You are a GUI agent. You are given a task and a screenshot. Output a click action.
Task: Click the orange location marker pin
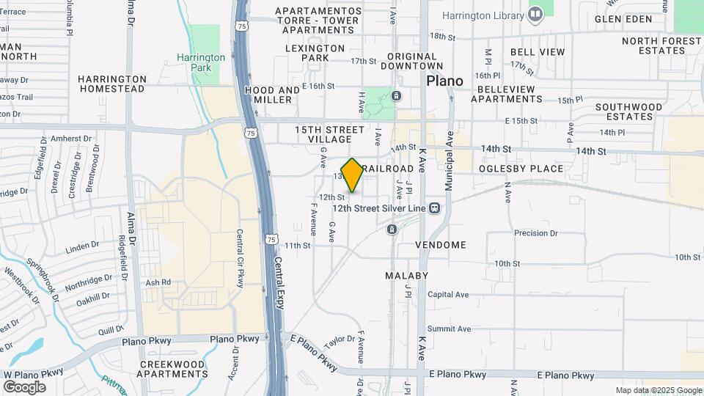353,175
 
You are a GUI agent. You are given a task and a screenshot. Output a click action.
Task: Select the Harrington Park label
201,62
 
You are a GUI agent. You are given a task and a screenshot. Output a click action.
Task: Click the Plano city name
445,81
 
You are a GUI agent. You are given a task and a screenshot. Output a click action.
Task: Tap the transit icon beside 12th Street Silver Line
435,208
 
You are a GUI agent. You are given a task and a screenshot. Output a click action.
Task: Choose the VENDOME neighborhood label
441,244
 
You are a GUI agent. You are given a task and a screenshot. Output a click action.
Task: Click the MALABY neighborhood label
406,276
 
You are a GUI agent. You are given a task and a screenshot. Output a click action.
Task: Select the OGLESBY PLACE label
521,169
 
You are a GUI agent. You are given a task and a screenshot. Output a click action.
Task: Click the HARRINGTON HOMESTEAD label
112,84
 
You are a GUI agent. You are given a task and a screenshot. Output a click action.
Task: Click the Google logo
24,386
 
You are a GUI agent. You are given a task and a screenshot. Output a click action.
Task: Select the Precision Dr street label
541,233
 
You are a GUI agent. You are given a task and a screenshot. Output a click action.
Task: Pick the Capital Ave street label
447,295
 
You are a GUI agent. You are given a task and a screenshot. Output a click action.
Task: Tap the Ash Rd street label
158,282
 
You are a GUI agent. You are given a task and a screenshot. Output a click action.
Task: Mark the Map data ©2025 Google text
658,390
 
